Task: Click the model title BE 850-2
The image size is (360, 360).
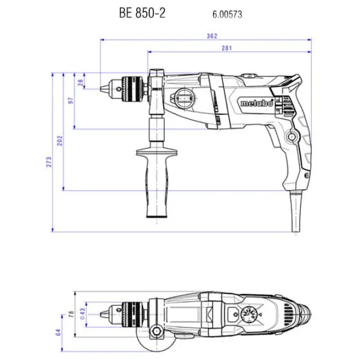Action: (x=142, y=13)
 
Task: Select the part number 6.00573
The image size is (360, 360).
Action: (x=227, y=14)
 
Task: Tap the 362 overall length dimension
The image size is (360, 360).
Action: (x=212, y=36)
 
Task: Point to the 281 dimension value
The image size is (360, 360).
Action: (x=227, y=48)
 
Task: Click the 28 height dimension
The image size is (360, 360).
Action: (x=80, y=82)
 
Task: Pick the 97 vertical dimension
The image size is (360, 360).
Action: (x=71, y=101)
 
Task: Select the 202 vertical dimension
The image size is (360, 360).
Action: (x=59, y=140)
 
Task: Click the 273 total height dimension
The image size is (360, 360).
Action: (x=49, y=162)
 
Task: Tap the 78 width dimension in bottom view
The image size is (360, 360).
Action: (x=71, y=314)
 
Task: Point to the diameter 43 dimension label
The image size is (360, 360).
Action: (x=82, y=314)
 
